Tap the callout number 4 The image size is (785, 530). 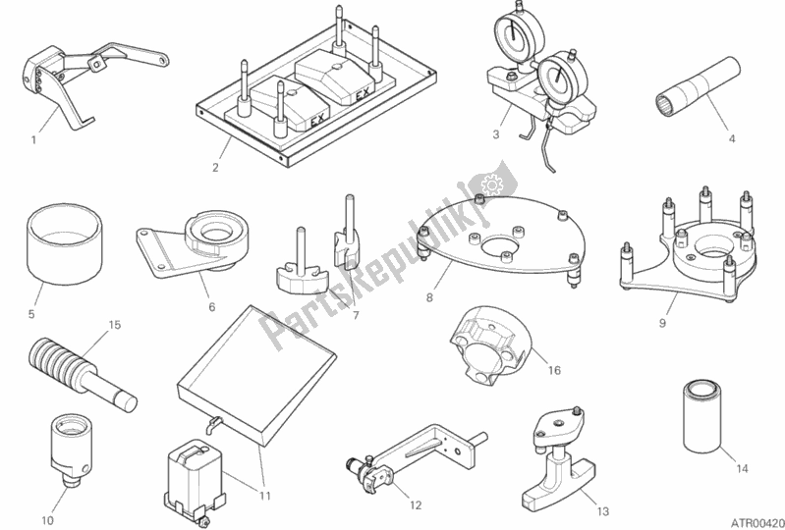coord(731,138)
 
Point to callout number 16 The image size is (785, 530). coord(554,371)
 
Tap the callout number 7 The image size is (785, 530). coord(356,316)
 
